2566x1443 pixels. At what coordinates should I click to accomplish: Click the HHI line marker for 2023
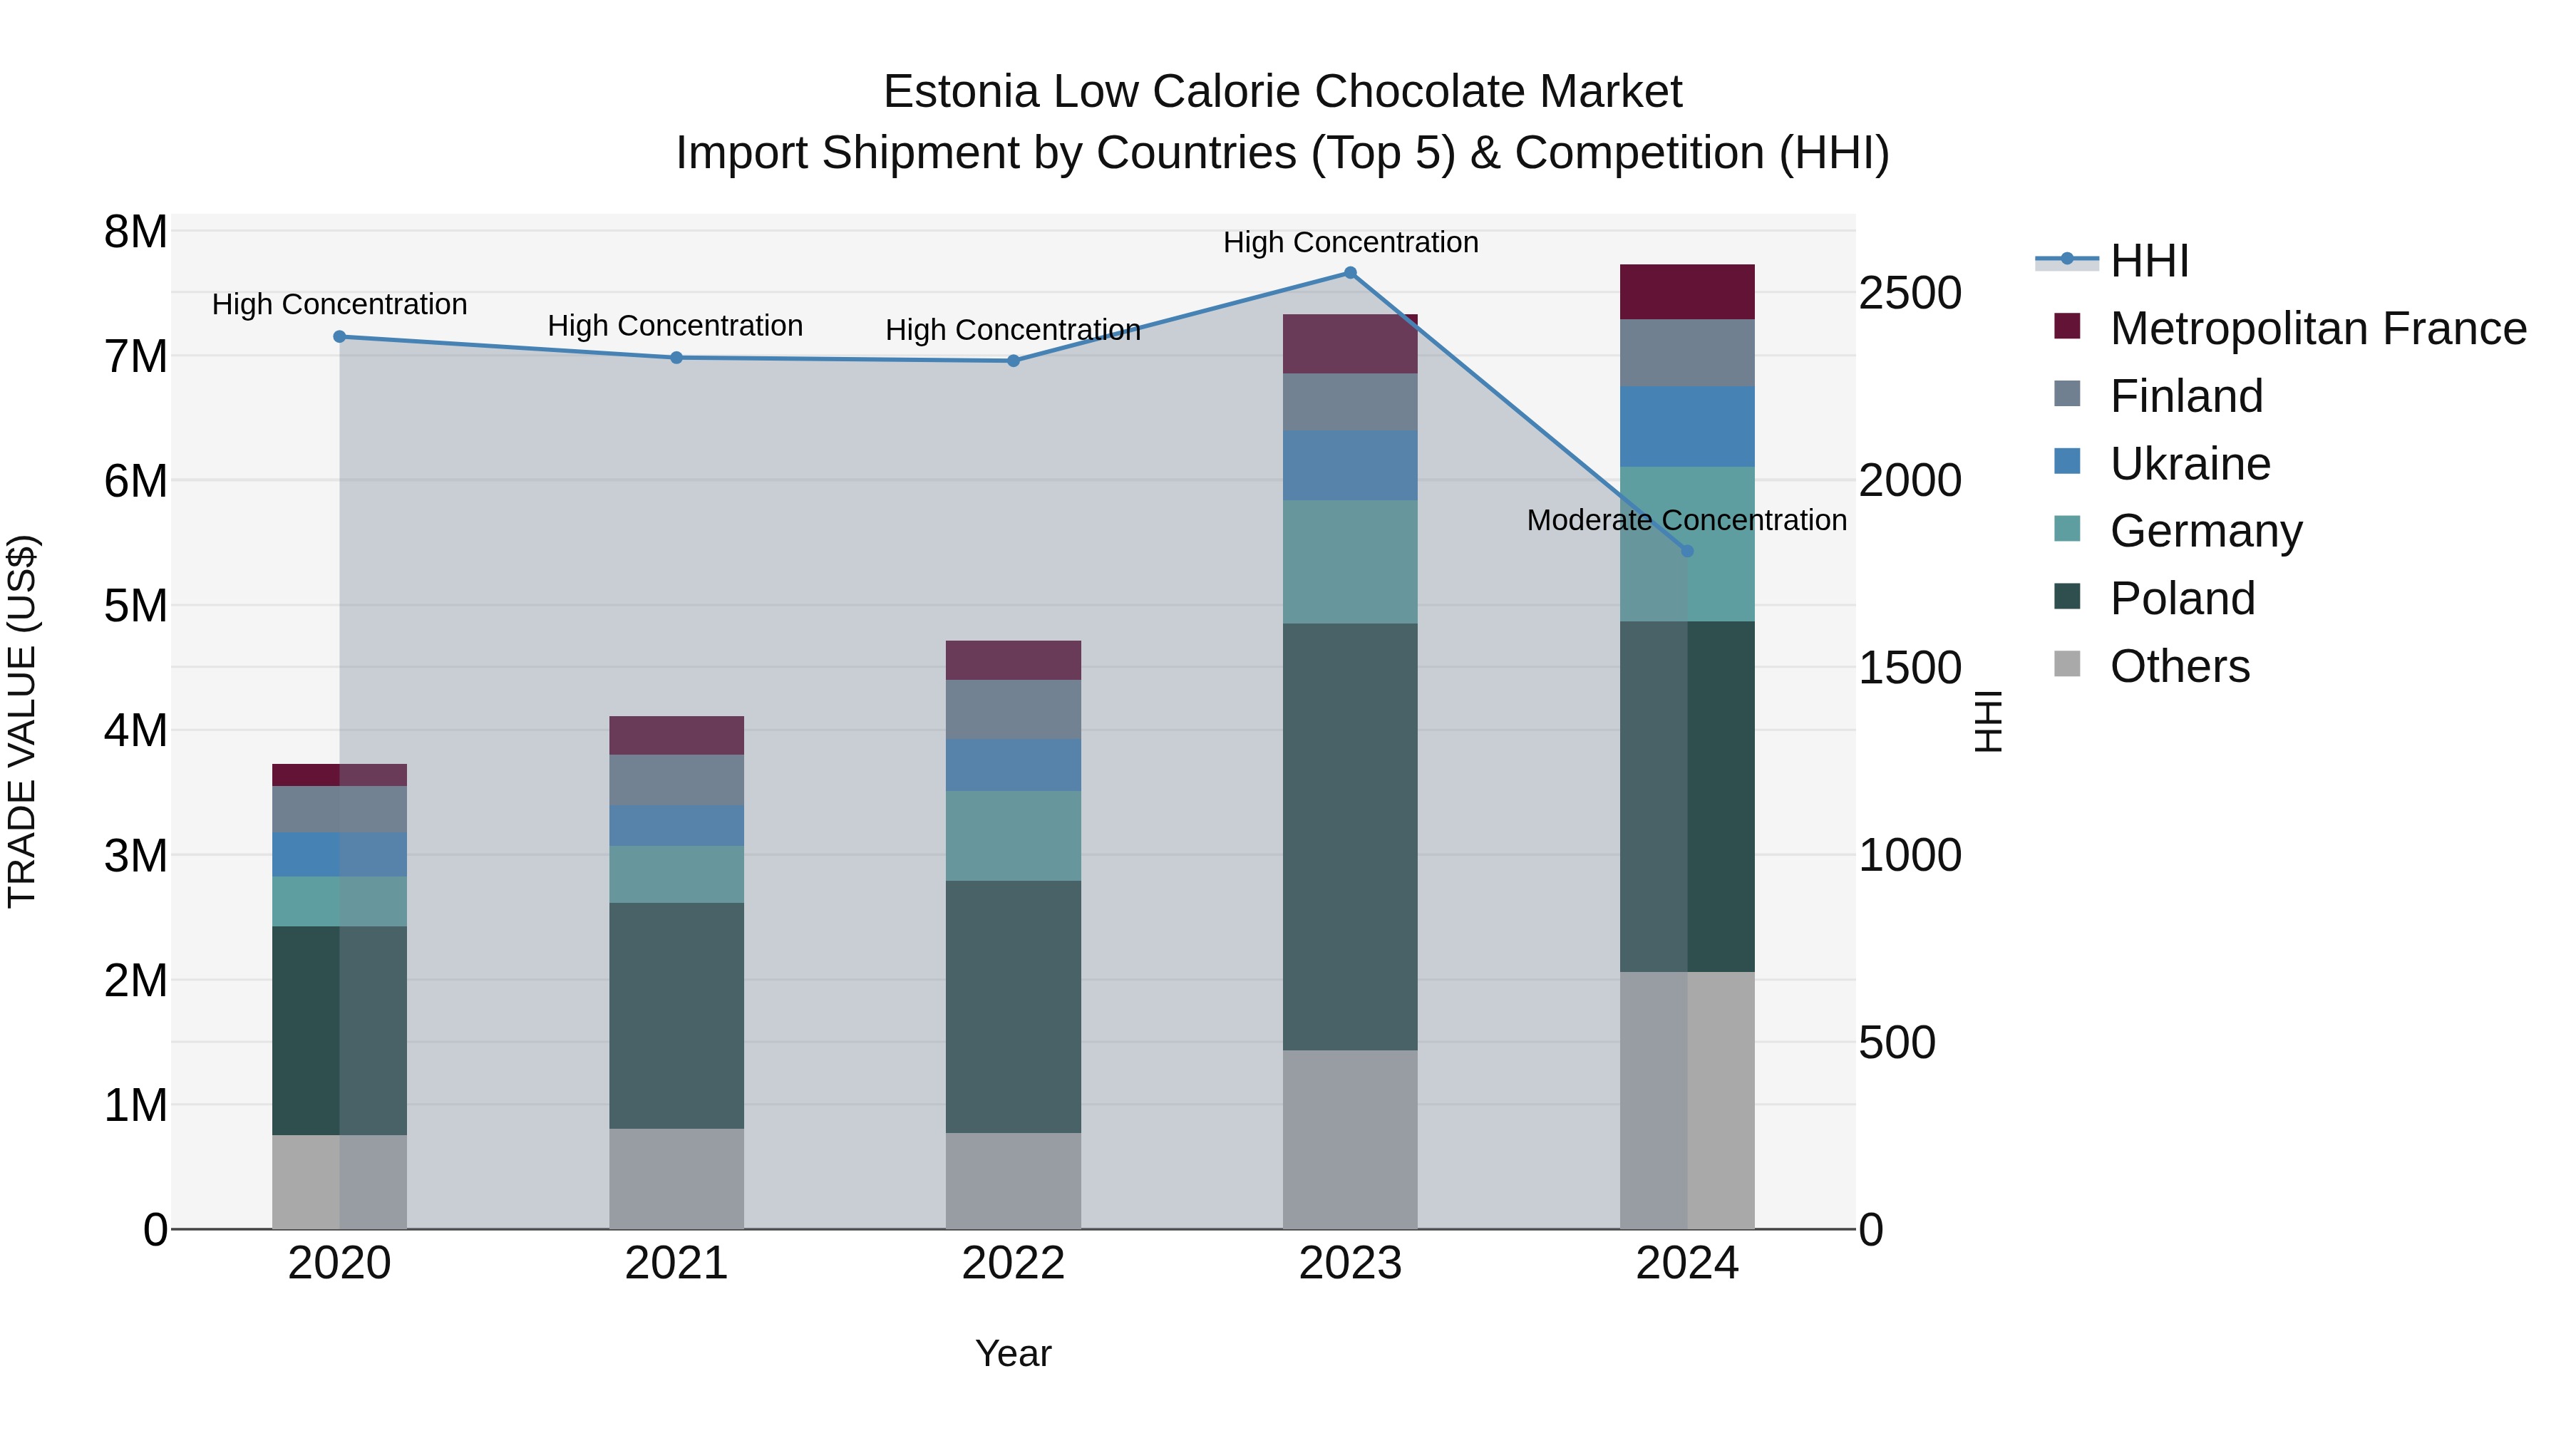(x=1350, y=273)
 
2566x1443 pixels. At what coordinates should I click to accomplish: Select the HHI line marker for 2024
(x=1686, y=551)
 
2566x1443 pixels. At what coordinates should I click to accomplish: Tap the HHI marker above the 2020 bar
(x=340, y=336)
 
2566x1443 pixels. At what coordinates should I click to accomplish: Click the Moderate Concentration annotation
(x=1686, y=520)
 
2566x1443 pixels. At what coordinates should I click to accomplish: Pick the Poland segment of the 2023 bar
(x=1350, y=837)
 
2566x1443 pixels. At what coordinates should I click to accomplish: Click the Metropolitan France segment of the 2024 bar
(x=1686, y=291)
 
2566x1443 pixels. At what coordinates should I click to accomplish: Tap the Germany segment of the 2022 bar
(x=1013, y=836)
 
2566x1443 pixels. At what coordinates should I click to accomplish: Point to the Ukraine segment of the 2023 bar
(x=1350, y=465)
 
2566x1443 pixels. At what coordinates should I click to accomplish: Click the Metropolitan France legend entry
(x=2318, y=329)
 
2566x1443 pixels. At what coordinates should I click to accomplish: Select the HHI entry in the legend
(x=2148, y=261)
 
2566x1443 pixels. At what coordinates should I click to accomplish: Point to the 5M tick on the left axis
(x=136, y=606)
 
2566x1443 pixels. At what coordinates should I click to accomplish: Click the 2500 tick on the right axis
(x=1910, y=293)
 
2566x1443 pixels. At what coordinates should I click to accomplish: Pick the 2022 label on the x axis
(x=1013, y=1263)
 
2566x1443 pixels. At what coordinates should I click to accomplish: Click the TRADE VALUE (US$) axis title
(x=22, y=721)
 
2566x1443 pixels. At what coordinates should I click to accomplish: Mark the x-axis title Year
(x=1013, y=1353)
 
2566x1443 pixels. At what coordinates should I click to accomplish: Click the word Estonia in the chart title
(x=960, y=92)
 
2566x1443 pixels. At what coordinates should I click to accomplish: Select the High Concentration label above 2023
(x=1350, y=242)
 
